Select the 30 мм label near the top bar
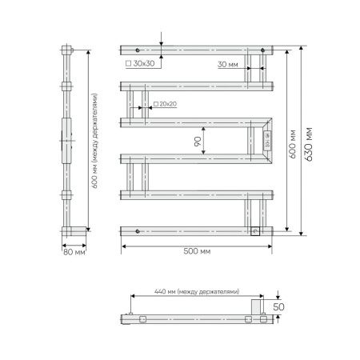click(227, 64)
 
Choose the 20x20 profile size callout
click(166, 103)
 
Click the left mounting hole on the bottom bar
click(138, 232)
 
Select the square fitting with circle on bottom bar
click(255, 232)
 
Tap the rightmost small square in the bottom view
click(262, 318)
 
